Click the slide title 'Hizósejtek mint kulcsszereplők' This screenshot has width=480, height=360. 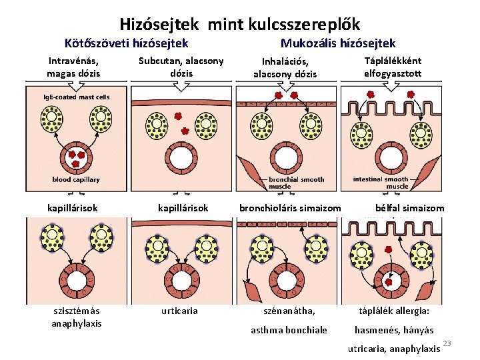pos(240,25)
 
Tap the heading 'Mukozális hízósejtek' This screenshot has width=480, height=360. pos(338,43)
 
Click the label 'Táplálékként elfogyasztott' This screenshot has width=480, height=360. pos(393,67)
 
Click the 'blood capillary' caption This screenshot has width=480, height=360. pos(76,179)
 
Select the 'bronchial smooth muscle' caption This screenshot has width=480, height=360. pos(296,183)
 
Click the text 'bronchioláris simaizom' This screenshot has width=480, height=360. pos(290,208)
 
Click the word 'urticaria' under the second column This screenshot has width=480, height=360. pos(179,311)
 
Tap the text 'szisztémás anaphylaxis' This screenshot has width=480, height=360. pos(77,317)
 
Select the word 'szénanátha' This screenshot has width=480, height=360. pos(289,311)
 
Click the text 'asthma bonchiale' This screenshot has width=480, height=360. pos(289,330)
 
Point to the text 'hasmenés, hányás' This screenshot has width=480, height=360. pos(394,330)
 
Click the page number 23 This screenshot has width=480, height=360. pos(447,343)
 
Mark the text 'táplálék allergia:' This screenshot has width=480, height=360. pos(394,311)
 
